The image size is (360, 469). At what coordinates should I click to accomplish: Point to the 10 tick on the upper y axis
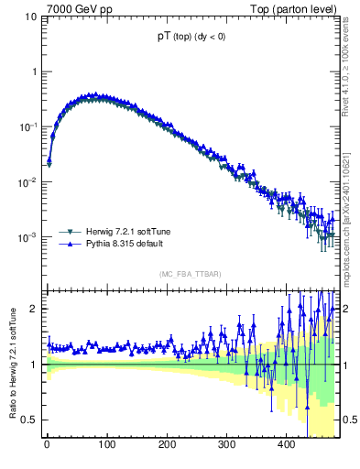[32, 16]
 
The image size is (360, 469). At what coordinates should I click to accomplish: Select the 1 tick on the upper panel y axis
[35, 71]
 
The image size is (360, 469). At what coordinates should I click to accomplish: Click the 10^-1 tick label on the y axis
[29, 126]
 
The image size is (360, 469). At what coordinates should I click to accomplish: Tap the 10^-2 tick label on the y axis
[29, 181]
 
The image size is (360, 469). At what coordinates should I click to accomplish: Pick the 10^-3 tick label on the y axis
[29, 236]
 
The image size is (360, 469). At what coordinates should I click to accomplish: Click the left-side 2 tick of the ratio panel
[35, 309]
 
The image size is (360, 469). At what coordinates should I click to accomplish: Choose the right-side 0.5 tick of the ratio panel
[350, 420]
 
